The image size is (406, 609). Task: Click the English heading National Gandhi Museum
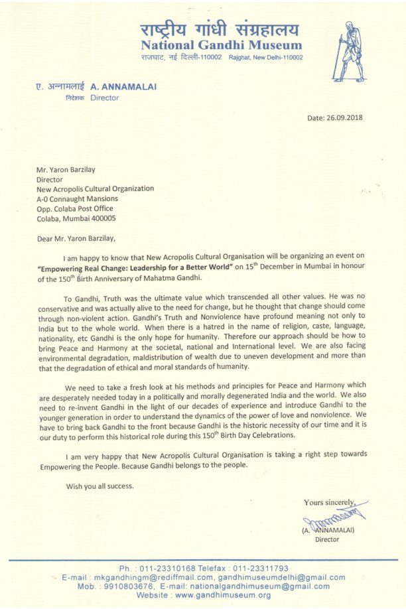point(221,46)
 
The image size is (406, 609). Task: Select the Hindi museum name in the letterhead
point(220,29)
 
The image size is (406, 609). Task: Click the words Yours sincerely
point(330,502)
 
